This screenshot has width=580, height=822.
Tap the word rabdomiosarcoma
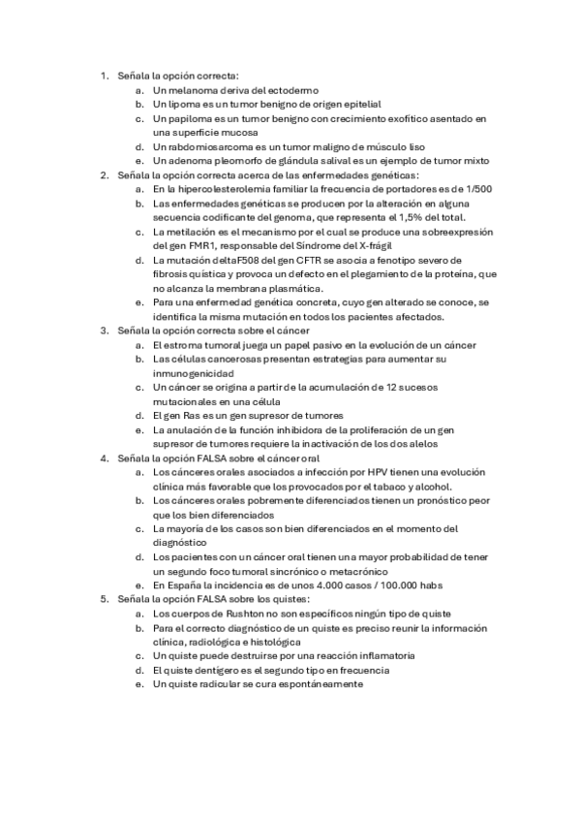tap(208, 145)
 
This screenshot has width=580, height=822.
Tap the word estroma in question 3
tap(182, 345)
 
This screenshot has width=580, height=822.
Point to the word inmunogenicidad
tap(194, 373)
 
